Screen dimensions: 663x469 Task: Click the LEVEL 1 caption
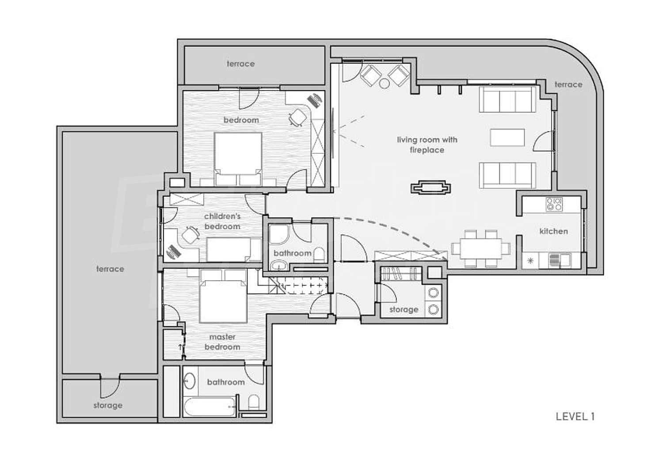click(x=575, y=416)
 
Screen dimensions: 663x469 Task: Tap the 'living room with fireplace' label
click(x=427, y=145)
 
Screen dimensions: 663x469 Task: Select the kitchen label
click(x=553, y=231)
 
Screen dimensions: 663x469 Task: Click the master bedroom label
click(x=222, y=342)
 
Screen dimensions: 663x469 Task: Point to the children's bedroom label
click(x=222, y=221)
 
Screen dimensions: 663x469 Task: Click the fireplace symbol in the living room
click(x=431, y=188)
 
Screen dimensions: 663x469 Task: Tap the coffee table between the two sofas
click(x=507, y=137)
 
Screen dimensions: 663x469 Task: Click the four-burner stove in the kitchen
click(x=554, y=205)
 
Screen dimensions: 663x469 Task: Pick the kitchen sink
click(x=560, y=260)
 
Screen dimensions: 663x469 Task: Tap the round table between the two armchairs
click(x=385, y=84)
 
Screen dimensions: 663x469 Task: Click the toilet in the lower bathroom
click(x=254, y=402)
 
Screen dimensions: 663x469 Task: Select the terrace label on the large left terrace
click(x=110, y=269)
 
